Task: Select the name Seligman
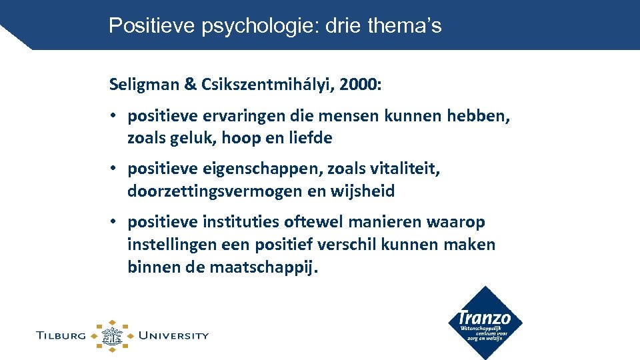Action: (144, 85)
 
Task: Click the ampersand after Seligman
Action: (189, 85)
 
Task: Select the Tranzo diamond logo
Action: (485, 323)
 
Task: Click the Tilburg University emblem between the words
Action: (112, 335)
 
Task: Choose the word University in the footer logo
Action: (173, 335)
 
